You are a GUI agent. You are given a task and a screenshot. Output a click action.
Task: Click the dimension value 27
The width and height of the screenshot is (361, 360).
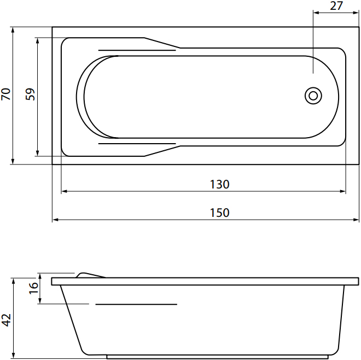pos(336,6)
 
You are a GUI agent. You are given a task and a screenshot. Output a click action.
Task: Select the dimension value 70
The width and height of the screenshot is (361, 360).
pos(6,94)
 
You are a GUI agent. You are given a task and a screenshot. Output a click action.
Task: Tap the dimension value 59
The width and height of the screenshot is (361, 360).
pos(30,94)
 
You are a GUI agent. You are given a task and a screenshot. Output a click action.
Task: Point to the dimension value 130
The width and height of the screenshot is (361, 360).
pos(220,184)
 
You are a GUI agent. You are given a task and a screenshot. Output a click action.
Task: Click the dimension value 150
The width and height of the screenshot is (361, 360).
pos(220,213)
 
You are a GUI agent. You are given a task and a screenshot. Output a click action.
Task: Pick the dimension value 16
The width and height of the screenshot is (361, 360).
pos(33,288)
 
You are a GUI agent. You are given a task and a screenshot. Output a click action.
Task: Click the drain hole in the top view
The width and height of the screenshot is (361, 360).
pos(313,96)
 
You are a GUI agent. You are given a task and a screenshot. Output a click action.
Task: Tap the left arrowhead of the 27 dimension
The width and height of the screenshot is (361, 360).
pos(316,13)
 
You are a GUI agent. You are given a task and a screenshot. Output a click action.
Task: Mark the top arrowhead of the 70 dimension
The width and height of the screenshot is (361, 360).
pos(13,30)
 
